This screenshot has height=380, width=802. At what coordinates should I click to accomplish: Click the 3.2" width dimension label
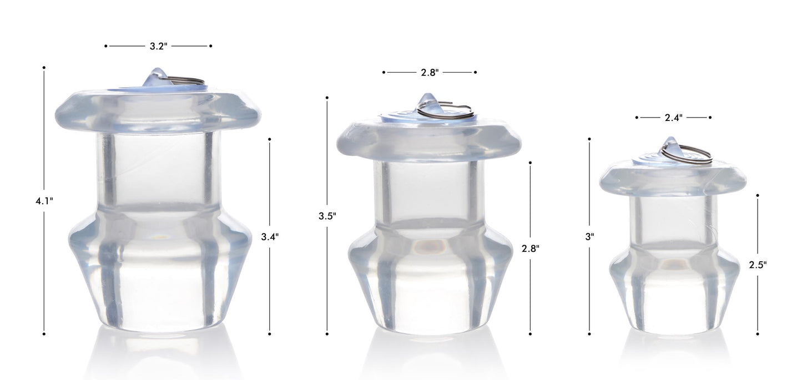point(158,47)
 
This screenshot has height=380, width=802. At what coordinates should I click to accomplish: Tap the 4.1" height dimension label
point(44,201)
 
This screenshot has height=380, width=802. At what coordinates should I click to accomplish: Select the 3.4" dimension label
point(270,237)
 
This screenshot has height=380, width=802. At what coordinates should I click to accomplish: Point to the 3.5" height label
point(327,216)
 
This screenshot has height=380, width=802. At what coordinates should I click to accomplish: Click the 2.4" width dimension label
point(673,118)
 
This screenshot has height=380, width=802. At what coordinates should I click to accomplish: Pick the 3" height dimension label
point(589,236)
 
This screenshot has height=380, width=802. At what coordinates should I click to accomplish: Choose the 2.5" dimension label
point(758,265)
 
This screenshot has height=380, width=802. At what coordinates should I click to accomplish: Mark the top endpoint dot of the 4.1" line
point(44,68)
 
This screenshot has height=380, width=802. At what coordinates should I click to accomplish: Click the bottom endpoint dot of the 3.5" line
point(327,334)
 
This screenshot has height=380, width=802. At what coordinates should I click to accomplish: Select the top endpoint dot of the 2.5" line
point(758,195)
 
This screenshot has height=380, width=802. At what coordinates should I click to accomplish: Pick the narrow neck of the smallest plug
point(673,219)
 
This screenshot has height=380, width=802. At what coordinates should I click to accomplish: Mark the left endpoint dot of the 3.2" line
point(106,46)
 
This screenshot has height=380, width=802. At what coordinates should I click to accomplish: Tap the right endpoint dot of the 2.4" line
point(710,118)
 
